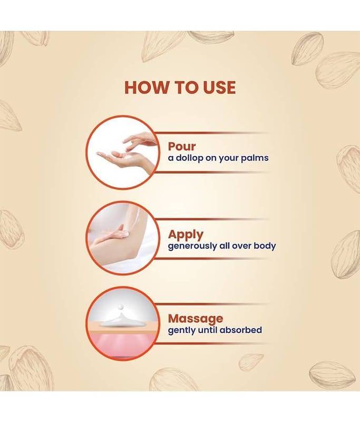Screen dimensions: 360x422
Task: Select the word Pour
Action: [182, 147]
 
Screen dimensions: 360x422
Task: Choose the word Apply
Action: [186, 235]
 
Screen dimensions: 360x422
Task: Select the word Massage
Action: [196, 319]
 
